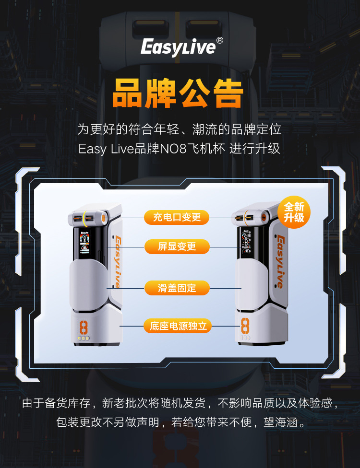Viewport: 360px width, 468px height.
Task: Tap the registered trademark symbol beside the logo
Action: pos(219,41)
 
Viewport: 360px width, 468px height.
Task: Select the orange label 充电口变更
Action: pos(177,218)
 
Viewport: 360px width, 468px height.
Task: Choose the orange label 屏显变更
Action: pos(177,247)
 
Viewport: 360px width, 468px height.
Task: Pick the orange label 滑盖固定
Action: pos(177,288)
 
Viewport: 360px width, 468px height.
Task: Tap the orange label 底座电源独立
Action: pos(178,327)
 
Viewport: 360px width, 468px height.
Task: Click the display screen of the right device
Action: pos(248,244)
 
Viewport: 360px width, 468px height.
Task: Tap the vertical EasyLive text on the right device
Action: pos(280,262)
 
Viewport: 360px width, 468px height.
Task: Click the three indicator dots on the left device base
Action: pos(84,338)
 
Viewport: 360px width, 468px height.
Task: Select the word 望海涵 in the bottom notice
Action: pos(280,423)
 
